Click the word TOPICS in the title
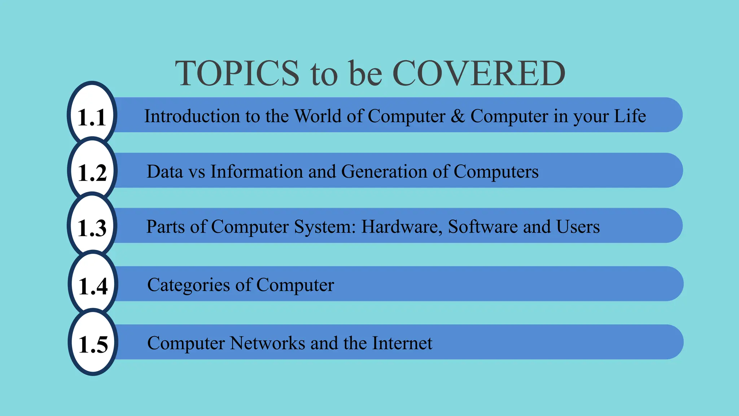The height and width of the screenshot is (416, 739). click(237, 73)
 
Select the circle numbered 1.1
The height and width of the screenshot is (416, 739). click(92, 115)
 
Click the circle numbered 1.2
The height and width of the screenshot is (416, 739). click(92, 170)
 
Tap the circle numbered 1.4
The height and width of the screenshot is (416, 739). click(93, 284)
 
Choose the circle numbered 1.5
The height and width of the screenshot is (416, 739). click(93, 342)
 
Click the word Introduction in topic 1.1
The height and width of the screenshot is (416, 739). click(192, 116)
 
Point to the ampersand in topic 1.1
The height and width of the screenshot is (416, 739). click(458, 116)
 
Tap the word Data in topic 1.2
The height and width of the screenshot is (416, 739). click(165, 172)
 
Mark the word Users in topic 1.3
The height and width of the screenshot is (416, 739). click(578, 227)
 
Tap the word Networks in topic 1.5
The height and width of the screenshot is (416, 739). click(267, 343)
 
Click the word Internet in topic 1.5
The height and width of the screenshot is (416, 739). click(402, 343)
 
